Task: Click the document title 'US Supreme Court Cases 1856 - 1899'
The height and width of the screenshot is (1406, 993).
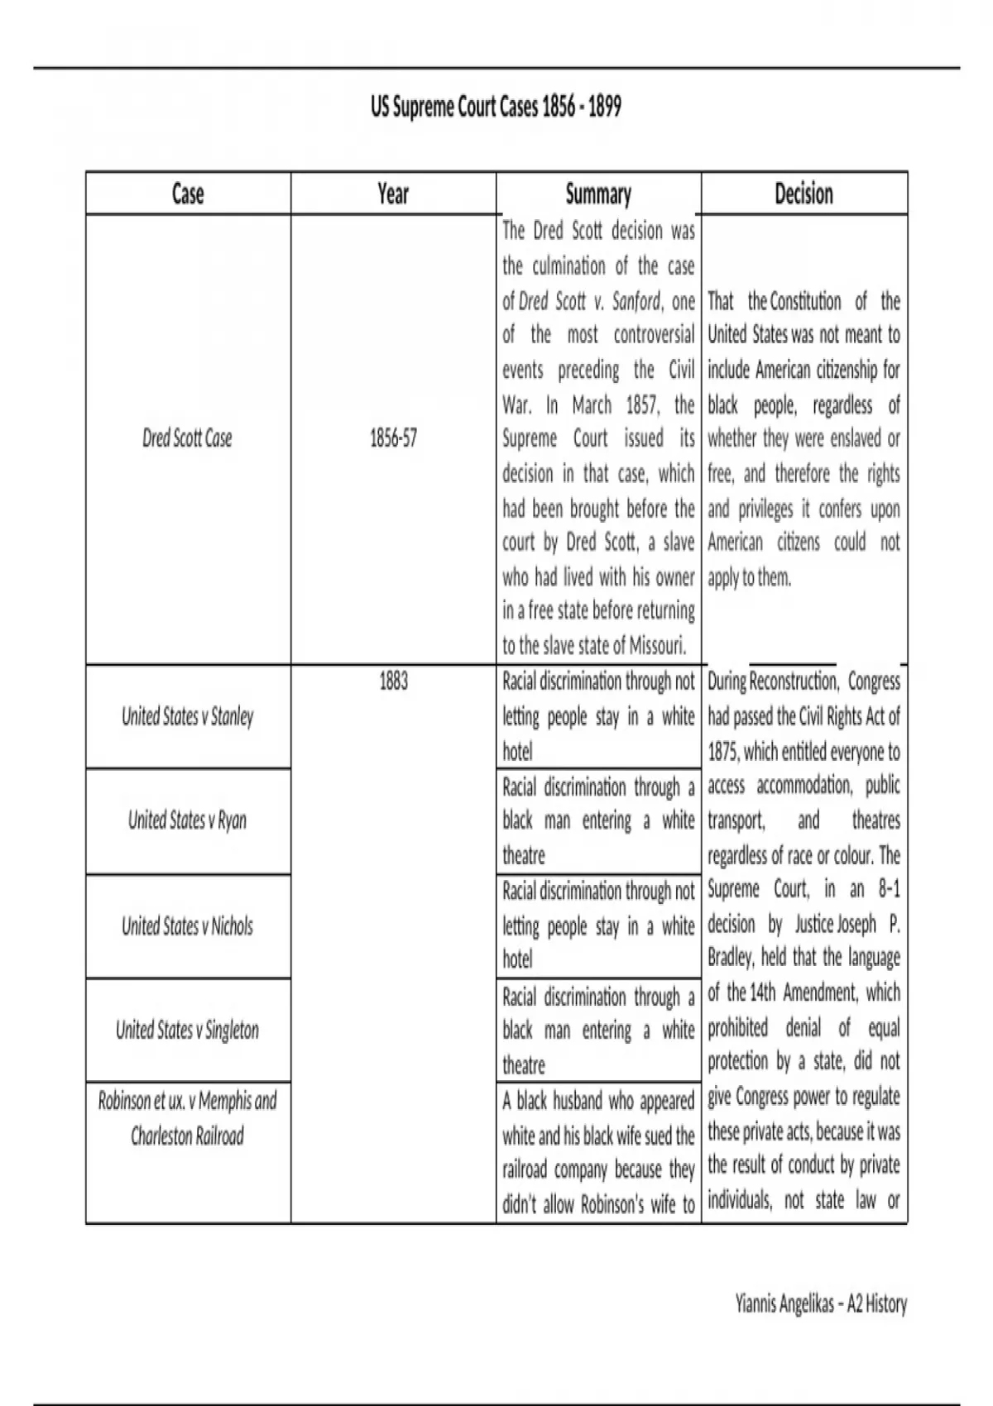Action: [x=496, y=108]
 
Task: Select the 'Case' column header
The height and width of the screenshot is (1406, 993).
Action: [x=188, y=194]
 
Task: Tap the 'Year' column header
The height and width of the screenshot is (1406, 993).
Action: [x=393, y=194]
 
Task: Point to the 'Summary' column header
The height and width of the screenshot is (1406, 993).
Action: [x=598, y=194]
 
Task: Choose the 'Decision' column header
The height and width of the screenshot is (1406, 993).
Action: [x=804, y=194]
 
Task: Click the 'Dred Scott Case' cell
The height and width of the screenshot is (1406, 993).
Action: [x=188, y=438]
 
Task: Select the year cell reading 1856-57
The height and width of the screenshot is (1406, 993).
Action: [x=393, y=438]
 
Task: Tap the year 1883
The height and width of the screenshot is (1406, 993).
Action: [x=393, y=682]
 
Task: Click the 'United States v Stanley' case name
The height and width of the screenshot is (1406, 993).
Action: [x=188, y=716]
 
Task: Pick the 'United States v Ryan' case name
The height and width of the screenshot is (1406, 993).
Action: [x=188, y=820]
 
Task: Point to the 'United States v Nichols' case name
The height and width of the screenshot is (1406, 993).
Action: [x=188, y=925]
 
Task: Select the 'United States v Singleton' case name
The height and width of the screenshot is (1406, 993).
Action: [x=188, y=1031]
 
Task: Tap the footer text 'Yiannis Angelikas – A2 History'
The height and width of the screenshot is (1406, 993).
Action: [x=821, y=1304]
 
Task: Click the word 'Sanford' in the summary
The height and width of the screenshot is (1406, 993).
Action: [x=636, y=301]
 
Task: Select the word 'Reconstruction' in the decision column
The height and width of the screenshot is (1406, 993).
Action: [x=794, y=681]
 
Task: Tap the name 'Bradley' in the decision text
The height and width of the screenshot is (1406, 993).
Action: [x=730, y=959]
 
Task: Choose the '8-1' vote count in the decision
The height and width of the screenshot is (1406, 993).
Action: [x=889, y=890]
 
